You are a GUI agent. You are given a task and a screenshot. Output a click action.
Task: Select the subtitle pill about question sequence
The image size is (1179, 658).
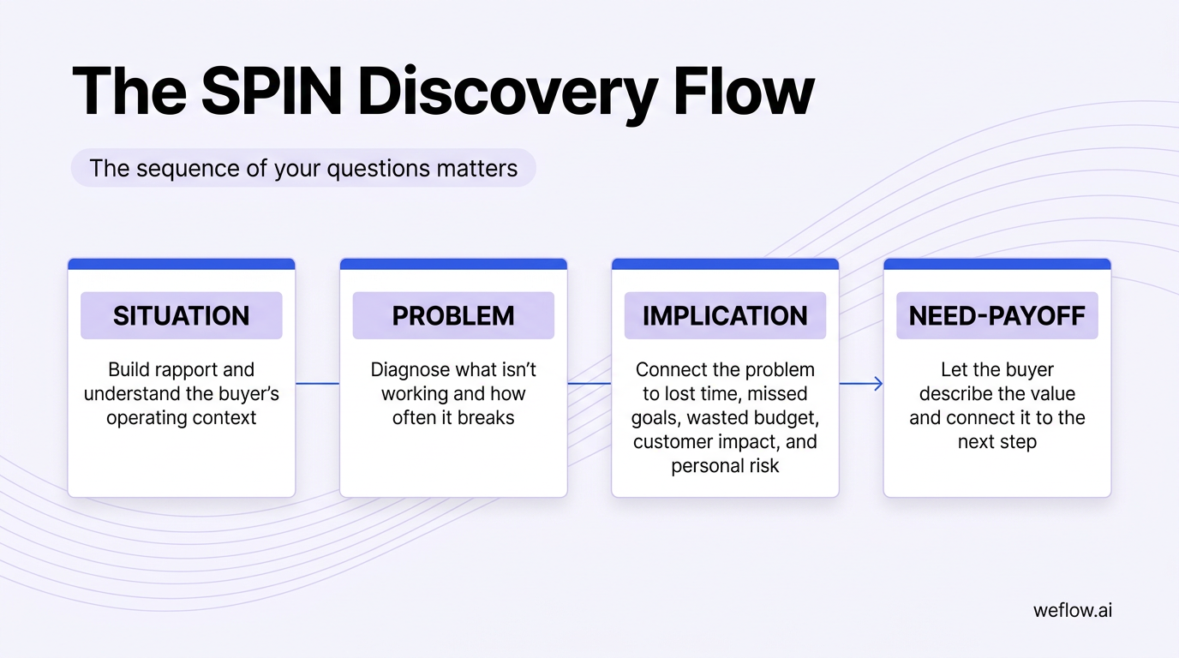pyautogui.click(x=303, y=168)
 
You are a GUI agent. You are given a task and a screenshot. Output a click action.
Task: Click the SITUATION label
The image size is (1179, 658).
pyautogui.click(x=182, y=315)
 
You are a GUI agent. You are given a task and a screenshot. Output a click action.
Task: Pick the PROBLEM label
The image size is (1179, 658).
pyautogui.click(x=453, y=315)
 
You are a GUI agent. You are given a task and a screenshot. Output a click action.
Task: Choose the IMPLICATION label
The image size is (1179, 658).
pyautogui.click(x=725, y=315)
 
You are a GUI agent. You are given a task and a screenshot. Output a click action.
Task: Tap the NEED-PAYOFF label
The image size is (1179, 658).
pyautogui.click(x=996, y=315)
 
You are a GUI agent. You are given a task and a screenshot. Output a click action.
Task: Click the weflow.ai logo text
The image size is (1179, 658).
pyautogui.click(x=1073, y=611)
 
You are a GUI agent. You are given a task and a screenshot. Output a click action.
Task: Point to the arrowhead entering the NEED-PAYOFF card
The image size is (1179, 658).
pyautogui.click(x=877, y=384)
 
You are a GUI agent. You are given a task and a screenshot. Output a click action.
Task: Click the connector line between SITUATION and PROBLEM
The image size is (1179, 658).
pyautogui.click(x=317, y=384)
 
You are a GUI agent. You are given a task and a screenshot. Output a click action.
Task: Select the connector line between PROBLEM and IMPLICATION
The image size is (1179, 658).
pyautogui.click(x=589, y=384)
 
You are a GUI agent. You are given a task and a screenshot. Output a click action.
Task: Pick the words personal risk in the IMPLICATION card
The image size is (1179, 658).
pyautogui.click(x=725, y=466)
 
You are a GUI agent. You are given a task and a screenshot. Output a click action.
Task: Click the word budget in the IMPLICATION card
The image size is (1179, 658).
pyautogui.click(x=785, y=418)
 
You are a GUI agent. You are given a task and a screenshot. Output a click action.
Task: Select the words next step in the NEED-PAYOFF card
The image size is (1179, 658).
pyautogui.click(x=996, y=442)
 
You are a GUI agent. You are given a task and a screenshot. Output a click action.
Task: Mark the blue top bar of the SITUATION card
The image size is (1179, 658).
pyautogui.click(x=182, y=264)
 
